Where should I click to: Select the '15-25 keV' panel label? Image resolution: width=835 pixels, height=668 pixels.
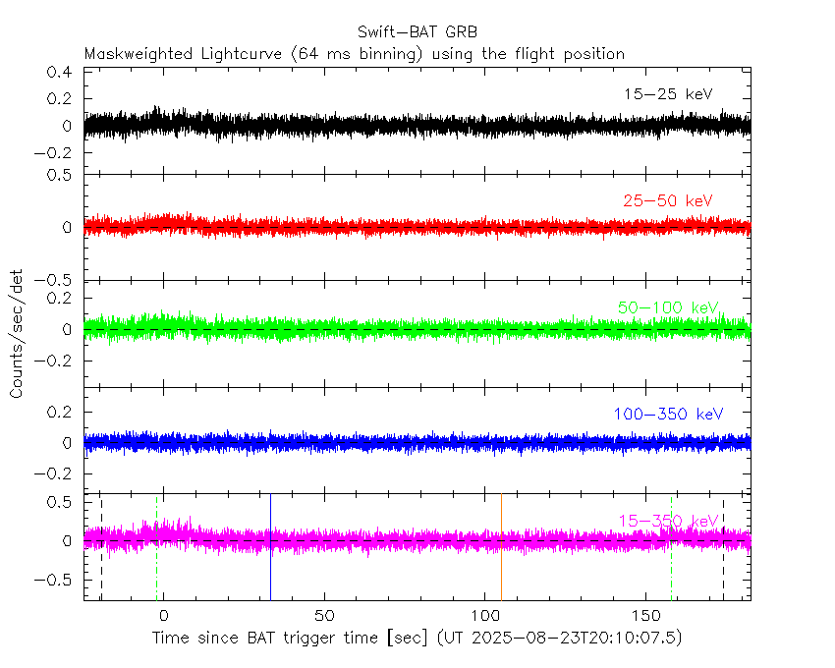[x=668, y=94]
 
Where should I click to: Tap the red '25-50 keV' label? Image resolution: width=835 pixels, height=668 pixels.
[x=668, y=200]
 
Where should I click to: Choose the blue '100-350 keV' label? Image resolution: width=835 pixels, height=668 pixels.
[x=668, y=414]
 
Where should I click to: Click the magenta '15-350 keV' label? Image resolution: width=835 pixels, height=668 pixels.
[x=668, y=520]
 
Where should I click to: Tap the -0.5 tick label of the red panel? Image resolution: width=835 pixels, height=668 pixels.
[x=57, y=280]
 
